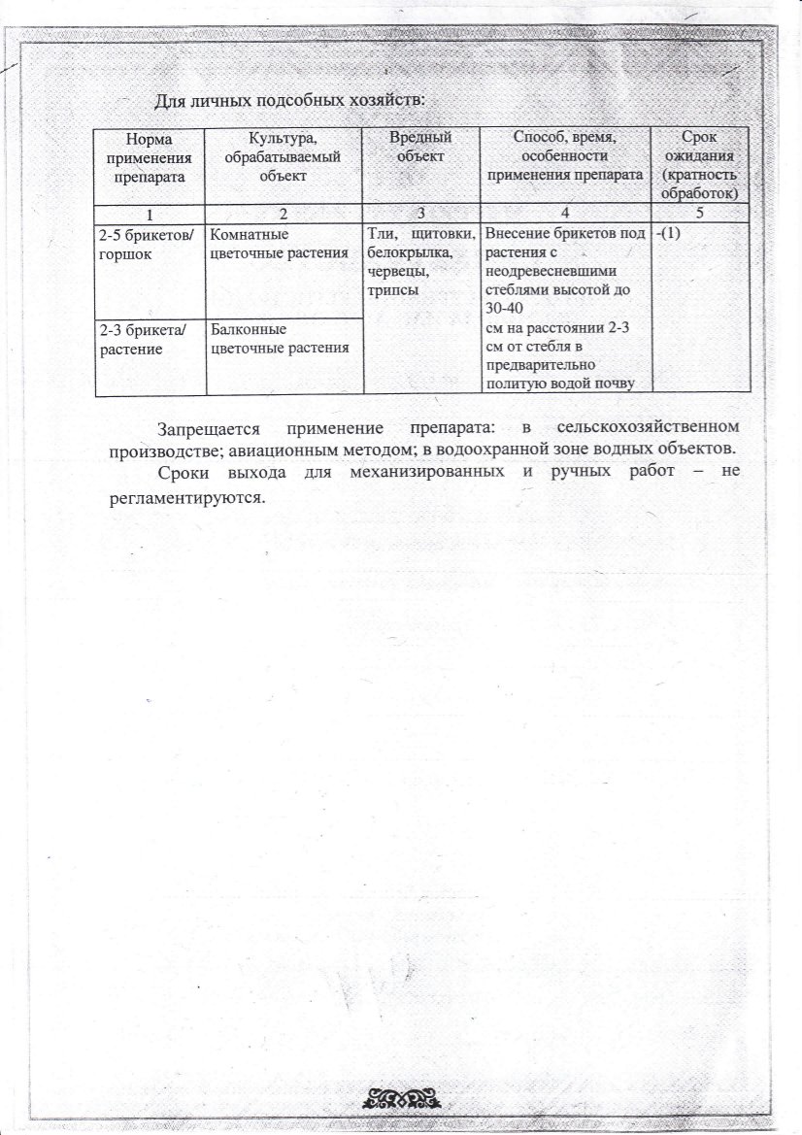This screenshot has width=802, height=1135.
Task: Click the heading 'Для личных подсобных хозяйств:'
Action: (x=290, y=100)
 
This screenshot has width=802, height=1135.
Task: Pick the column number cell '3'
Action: (x=420, y=214)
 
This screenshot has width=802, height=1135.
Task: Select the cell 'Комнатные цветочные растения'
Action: (x=279, y=244)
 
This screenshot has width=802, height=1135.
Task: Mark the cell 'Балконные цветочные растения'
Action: (x=279, y=339)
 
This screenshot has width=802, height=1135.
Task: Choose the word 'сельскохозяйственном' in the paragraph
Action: (x=649, y=427)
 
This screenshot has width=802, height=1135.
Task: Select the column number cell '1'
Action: (x=150, y=214)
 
